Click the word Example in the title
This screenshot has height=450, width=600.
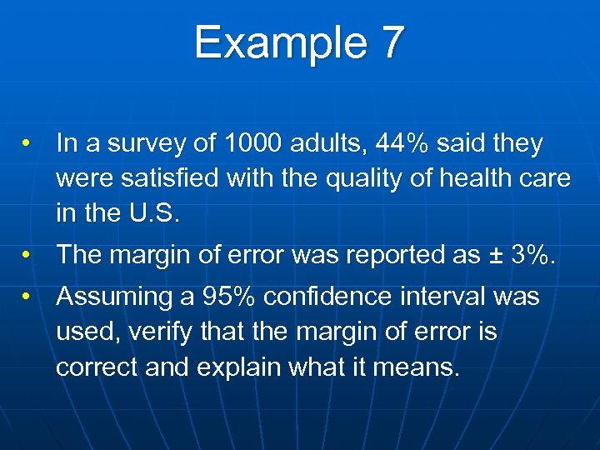tap(275, 43)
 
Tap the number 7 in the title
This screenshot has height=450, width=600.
tap(392, 43)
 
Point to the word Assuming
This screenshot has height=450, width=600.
tap(111, 297)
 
